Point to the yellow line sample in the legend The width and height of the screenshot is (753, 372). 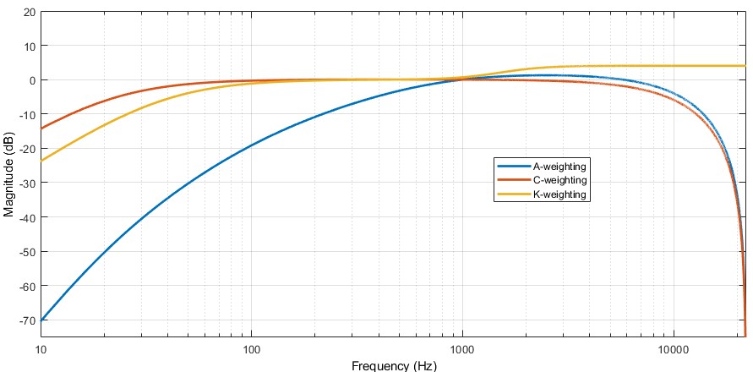point(507,194)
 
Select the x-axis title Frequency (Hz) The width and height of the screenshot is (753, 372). point(394,365)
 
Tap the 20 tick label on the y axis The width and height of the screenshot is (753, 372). point(29,12)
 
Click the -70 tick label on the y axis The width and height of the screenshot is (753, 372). point(27,320)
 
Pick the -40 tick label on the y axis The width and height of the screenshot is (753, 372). point(27,217)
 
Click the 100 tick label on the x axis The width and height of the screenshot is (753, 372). point(251,349)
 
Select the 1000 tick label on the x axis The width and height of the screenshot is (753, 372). point(461,349)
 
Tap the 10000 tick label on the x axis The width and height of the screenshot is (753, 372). point(672,349)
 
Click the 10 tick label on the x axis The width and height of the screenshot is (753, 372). point(41,349)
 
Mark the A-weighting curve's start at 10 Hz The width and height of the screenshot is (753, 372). point(41,320)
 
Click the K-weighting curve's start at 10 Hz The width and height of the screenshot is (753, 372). point(41,161)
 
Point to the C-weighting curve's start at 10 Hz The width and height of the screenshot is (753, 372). point(41,129)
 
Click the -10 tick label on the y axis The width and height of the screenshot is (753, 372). point(27,114)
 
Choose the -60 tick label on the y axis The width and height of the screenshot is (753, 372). point(27,286)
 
